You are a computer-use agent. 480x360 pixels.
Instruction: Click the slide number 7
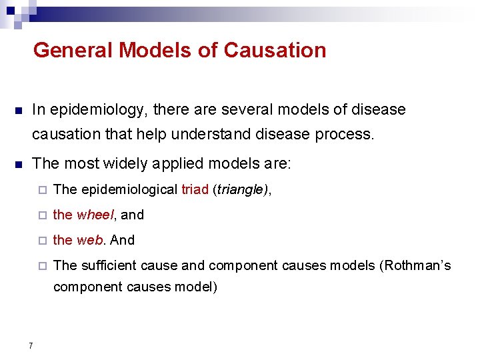click(x=31, y=345)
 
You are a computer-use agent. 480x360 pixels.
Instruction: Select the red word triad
click(x=195, y=190)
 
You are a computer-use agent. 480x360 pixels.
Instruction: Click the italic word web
click(x=89, y=240)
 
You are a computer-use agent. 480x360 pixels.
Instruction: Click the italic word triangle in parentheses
click(x=241, y=190)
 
